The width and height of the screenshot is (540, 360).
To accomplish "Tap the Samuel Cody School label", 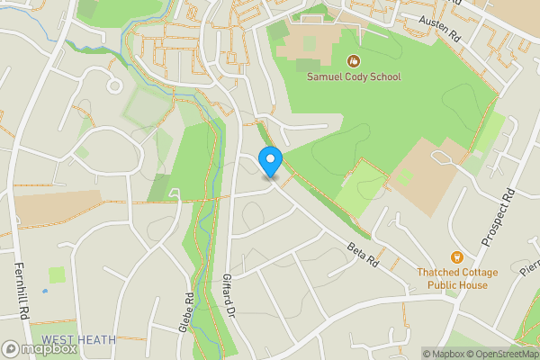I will tap(355, 77).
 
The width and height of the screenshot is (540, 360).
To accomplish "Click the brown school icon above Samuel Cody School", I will tap(354, 61).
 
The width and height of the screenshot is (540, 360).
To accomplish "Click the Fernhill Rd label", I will tap(19, 289).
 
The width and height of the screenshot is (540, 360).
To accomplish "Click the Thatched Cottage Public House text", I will tap(452, 278).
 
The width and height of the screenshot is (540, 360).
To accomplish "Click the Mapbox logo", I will tap(40, 348).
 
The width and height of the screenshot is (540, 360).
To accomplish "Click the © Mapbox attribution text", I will tap(441, 354).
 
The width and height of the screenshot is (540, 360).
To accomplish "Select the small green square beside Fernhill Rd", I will tap(57, 274).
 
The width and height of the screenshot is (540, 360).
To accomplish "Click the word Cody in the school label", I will tap(354, 77).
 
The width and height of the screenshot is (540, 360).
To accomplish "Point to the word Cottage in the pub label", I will tap(467, 271).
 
